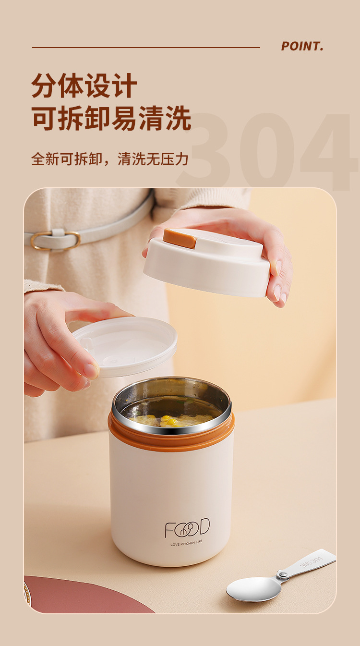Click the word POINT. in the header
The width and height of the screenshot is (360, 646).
click(302, 47)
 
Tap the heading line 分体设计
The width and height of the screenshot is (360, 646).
click(84, 86)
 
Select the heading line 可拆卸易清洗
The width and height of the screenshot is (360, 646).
click(111, 118)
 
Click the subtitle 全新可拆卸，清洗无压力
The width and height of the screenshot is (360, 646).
click(109, 159)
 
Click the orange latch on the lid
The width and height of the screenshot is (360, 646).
click(180, 238)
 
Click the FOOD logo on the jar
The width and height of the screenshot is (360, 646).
click(187, 528)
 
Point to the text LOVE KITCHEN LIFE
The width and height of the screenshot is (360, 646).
click(186, 543)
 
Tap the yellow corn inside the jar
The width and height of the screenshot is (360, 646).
click(170, 421)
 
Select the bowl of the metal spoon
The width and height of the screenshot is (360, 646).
click(253, 589)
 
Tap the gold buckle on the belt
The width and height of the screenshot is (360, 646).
click(56, 240)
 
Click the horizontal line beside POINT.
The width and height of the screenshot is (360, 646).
click(146, 48)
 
